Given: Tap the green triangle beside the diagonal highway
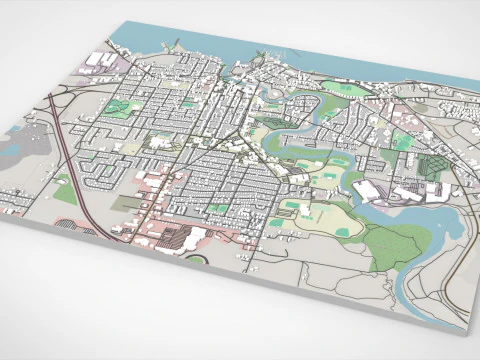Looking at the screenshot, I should point(64,190).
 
